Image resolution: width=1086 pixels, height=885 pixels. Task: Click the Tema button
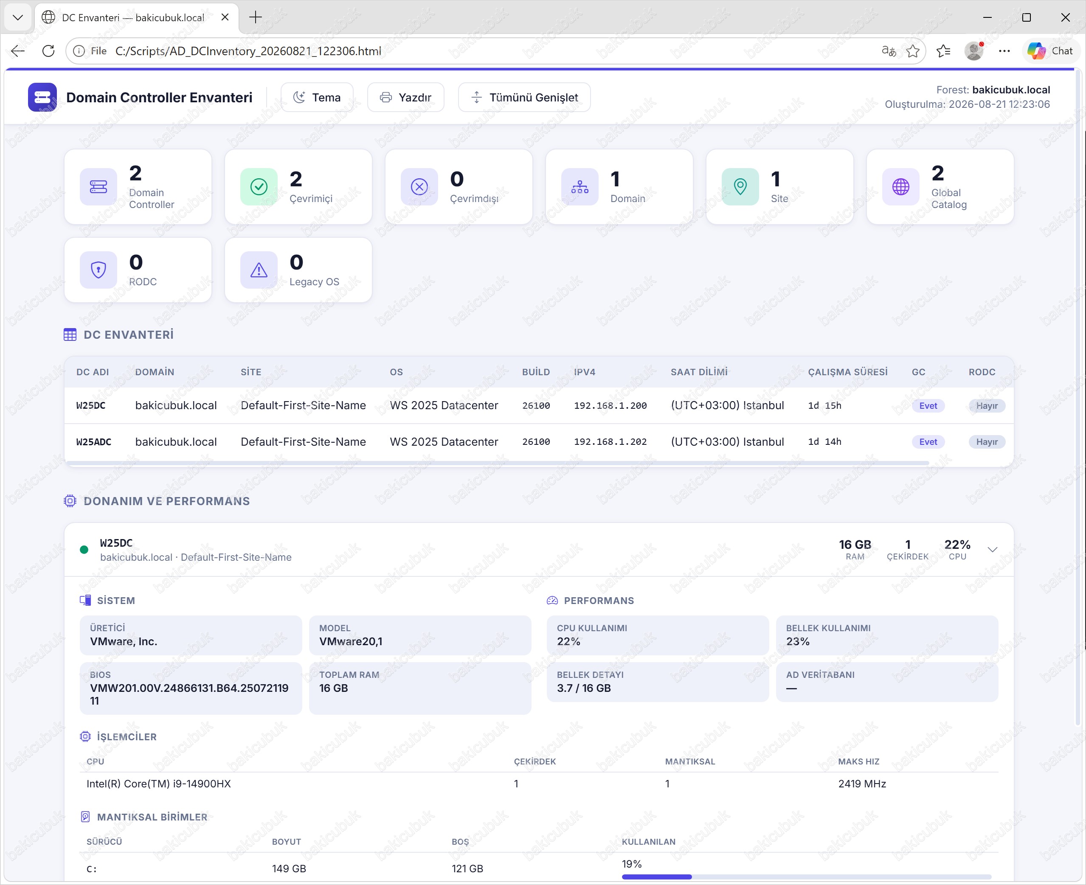[317, 97]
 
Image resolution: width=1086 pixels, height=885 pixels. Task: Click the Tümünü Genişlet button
[524, 97]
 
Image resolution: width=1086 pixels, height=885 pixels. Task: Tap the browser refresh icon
[48, 51]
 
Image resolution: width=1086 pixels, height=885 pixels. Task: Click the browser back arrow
[18, 51]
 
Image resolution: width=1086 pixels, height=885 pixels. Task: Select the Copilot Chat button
[1050, 51]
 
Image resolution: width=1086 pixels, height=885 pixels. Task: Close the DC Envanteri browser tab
[225, 17]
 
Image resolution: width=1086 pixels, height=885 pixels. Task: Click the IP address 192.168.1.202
[611, 442]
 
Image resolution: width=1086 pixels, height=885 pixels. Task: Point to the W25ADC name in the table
[94, 442]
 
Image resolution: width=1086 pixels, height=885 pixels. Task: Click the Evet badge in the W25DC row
[928, 406]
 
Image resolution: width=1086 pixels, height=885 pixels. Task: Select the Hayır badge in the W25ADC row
[987, 442]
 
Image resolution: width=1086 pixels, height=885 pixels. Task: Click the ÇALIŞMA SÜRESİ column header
[847, 372]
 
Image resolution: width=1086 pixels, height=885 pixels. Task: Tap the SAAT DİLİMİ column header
[699, 372]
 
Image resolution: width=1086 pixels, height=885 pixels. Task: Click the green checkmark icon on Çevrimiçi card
[259, 187]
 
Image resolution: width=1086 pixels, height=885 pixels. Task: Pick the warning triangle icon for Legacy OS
[259, 270]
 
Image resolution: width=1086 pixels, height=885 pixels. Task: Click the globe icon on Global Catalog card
[901, 187]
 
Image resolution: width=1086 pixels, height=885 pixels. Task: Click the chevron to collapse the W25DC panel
[992, 550]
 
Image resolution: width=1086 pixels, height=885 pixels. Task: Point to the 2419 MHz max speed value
[862, 784]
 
